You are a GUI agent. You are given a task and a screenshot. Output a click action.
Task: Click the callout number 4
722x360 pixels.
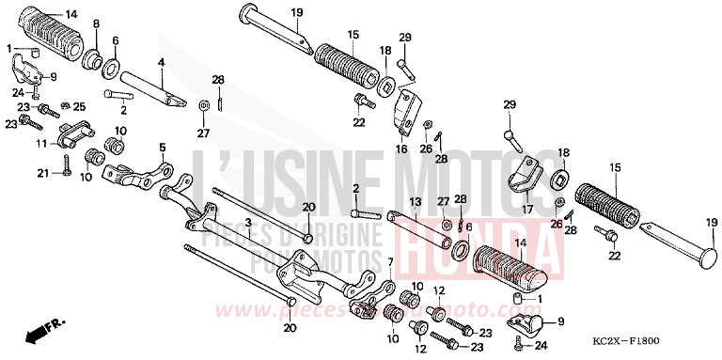point(161,62)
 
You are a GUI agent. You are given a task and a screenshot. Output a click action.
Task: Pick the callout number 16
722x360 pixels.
point(401,149)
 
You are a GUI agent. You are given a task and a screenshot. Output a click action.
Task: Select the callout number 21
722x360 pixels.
point(42,173)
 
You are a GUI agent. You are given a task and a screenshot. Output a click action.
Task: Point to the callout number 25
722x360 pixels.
point(79,105)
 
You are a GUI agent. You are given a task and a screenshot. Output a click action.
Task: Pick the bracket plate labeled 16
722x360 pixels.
point(404,111)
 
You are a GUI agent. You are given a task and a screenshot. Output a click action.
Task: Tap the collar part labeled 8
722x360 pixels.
point(94,59)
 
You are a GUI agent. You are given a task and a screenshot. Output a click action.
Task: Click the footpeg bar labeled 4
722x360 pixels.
point(150,86)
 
